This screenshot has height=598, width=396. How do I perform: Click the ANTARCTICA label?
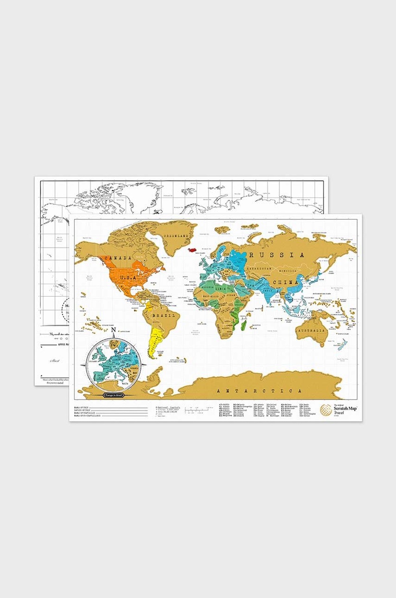[259, 391]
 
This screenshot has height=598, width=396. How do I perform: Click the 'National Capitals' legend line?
[169, 407]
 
